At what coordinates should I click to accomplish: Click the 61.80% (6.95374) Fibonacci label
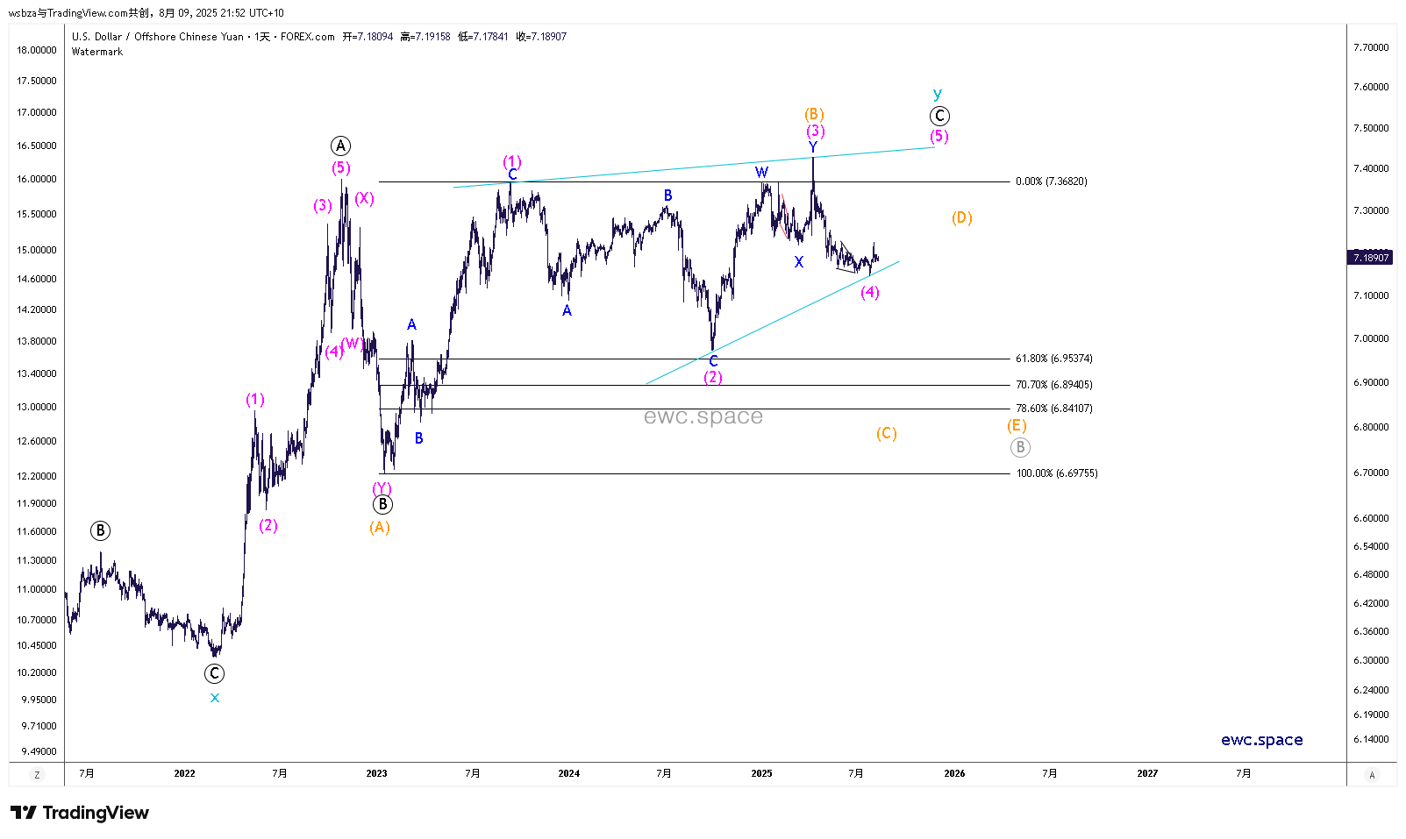click(1053, 359)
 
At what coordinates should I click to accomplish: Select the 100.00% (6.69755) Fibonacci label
click(1056, 473)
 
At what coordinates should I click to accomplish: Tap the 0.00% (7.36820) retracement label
click(1051, 181)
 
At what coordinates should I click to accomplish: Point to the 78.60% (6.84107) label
click(1053, 409)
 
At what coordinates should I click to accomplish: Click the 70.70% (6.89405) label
click(1053, 385)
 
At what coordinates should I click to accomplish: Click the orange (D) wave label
click(961, 218)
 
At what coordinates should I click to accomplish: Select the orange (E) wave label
click(1016, 426)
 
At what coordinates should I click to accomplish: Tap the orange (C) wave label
click(886, 434)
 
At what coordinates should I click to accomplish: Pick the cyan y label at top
click(938, 94)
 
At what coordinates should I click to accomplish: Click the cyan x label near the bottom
click(215, 699)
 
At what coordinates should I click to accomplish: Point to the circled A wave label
click(340, 146)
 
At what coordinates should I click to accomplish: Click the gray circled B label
click(1019, 448)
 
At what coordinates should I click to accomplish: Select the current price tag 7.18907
click(1370, 258)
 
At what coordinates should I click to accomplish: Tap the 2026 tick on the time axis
click(954, 773)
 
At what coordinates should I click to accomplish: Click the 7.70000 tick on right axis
click(1371, 47)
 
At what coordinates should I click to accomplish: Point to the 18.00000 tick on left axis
click(37, 50)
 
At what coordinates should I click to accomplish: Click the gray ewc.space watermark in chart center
click(703, 416)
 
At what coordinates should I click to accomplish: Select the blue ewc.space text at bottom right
click(1261, 740)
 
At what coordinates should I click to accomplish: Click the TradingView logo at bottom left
click(80, 813)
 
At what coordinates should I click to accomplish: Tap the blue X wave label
click(798, 262)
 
